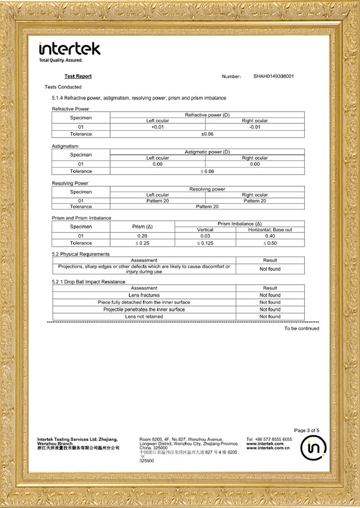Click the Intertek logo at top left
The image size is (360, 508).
69,49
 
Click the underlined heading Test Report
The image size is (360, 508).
78,76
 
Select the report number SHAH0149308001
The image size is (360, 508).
273,76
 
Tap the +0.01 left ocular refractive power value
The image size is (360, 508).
158,127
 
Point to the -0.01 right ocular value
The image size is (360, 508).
255,127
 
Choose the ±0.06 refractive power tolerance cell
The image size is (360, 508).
207,134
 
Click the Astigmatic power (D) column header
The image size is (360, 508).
207,152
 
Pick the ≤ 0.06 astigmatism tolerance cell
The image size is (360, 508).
207,171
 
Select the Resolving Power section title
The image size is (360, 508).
70,183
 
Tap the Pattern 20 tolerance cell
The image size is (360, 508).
207,206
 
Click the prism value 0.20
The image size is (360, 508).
142,236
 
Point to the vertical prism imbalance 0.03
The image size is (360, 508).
205,236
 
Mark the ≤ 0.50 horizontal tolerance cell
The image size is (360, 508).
270,243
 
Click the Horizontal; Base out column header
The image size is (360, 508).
270,230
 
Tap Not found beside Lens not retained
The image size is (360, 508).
270,316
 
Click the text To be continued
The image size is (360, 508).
301,329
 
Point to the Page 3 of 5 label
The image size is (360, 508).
307,430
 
